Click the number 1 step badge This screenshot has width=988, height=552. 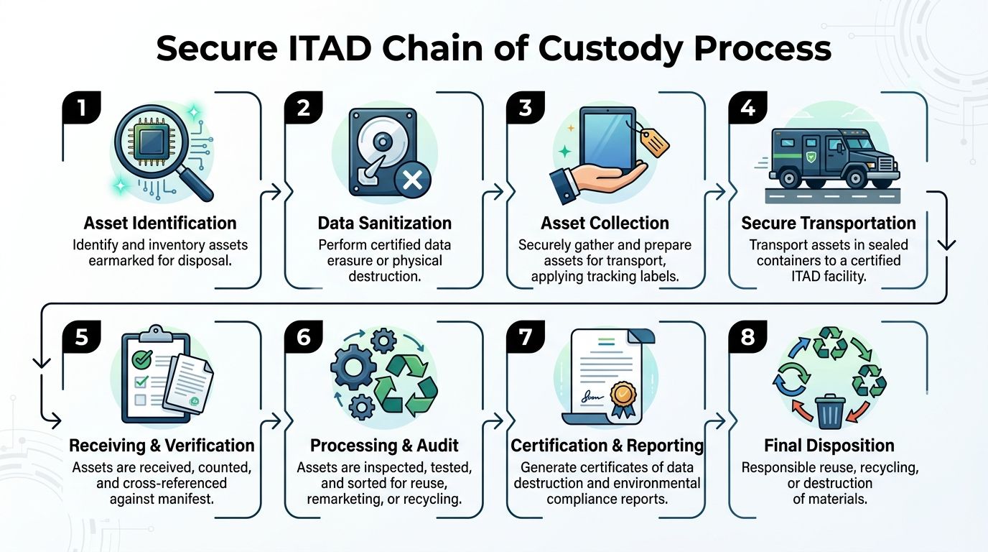(81, 109)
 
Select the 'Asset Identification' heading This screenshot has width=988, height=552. (159, 223)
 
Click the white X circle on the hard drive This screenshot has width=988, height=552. (412, 179)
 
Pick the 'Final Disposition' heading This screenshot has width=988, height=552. (829, 445)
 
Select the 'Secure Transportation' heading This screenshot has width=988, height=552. (829, 223)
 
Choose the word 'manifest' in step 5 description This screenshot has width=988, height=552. (189, 497)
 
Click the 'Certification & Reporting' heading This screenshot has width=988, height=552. (607, 445)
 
